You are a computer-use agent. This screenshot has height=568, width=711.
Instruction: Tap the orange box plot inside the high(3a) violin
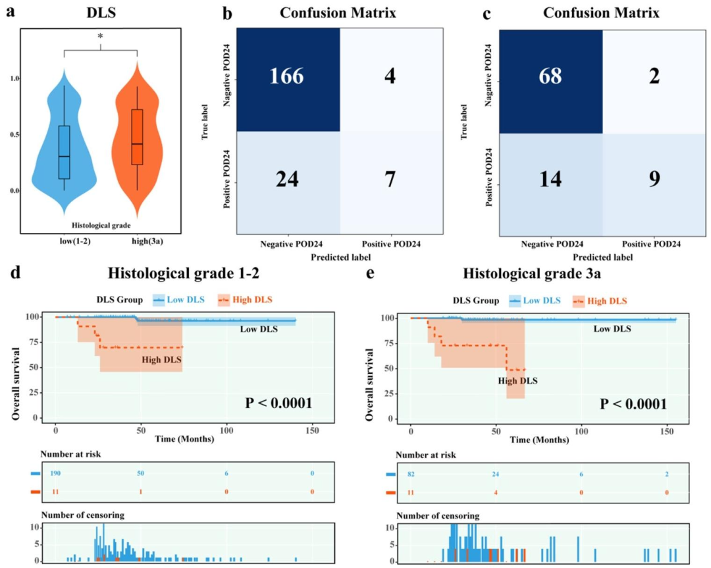click(x=137, y=145)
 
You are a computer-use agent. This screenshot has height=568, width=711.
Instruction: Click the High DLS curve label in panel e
click(x=517, y=380)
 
